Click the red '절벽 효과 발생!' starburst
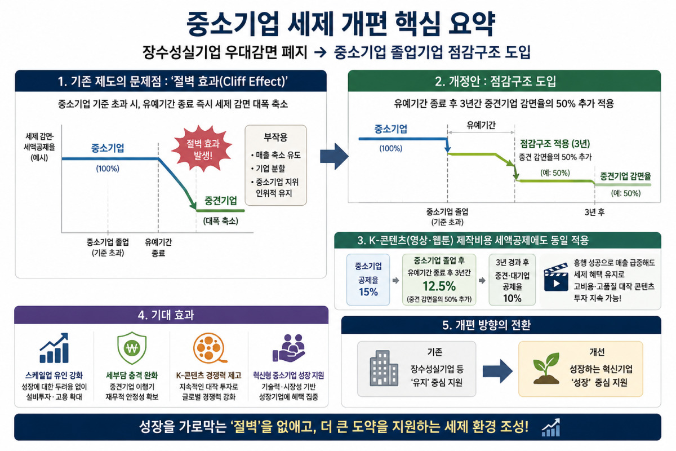[x=202, y=149]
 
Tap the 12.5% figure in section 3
[x=439, y=286]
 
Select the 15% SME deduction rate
[x=368, y=292]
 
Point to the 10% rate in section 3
[x=512, y=298]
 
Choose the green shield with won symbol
[x=132, y=348]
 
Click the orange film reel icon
[x=210, y=348]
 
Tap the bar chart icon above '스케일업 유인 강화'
[x=54, y=348]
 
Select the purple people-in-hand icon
[x=288, y=348]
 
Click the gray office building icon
[x=384, y=368]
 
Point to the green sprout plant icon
[x=546, y=368]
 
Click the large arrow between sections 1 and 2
[x=334, y=157]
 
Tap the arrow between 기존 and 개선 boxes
[x=497, y=372]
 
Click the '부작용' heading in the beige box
[x=275, y=137]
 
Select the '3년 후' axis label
[x=594, y=212]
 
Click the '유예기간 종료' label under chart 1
[x=158, y=247]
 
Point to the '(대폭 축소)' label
[x=221, y=221]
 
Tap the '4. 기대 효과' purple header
[x=166, y=315]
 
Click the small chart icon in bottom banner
[x=551, y=427]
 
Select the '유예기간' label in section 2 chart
[x=481, y=125]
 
